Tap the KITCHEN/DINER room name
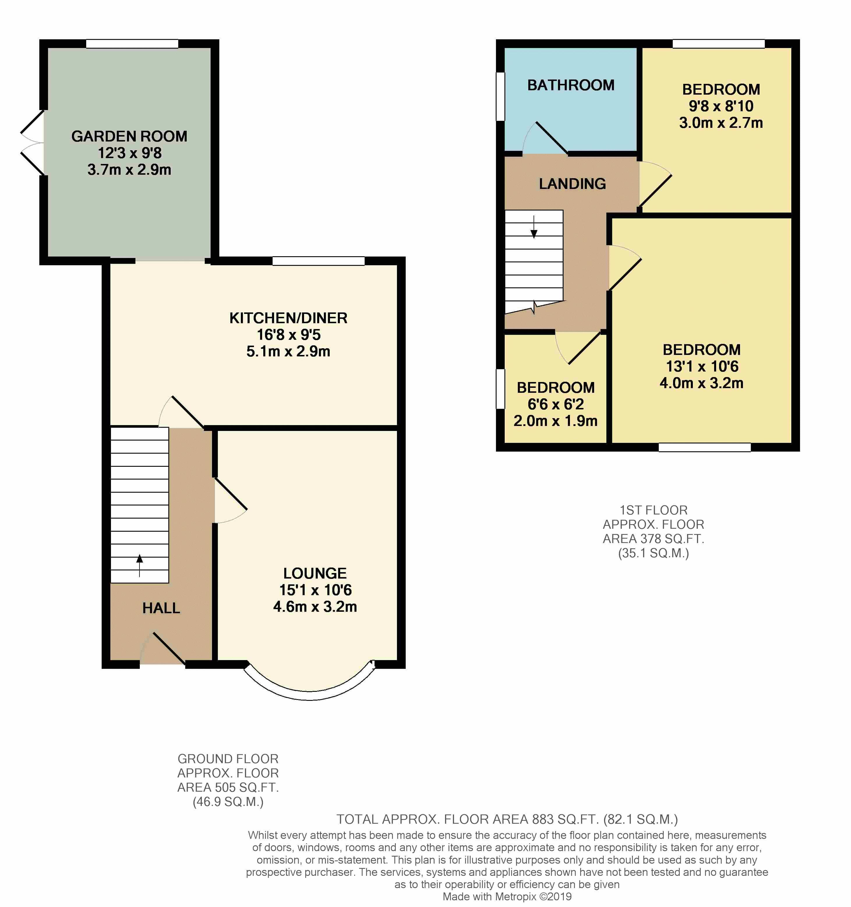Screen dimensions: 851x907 (x=288, y=318)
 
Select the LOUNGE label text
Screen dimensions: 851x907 (x=315, y=574)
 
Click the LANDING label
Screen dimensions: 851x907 (x=572, y=183)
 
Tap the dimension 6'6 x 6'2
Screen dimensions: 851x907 (x=556, y=404)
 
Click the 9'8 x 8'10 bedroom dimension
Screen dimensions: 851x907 (x=721, y=106)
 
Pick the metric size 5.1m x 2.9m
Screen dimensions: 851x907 (x=288, y=351)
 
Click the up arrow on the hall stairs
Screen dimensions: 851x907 (x=140, y=565)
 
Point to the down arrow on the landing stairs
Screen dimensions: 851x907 (x=534, y=226)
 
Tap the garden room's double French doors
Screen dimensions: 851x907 (x=32, y=142)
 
